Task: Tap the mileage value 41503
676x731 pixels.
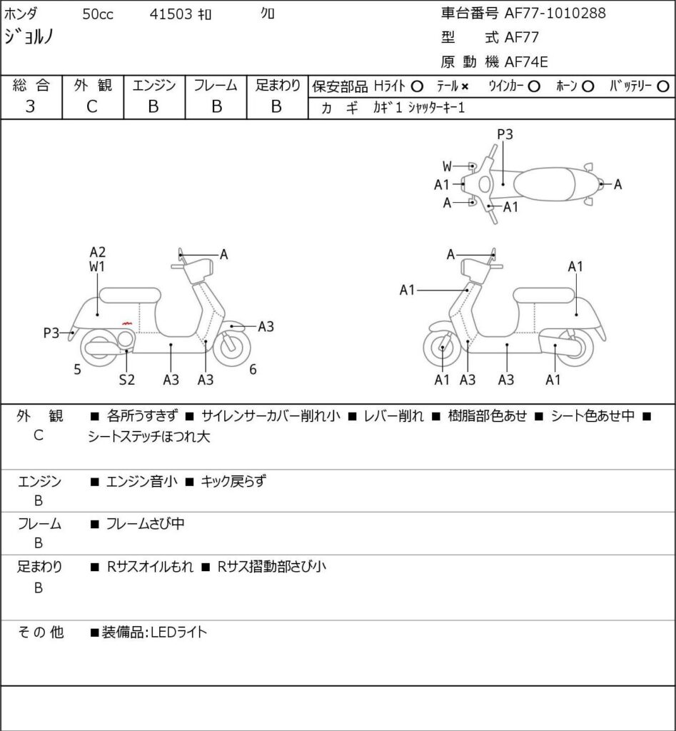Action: click(171, 14)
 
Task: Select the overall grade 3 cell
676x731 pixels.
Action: click(31, 106)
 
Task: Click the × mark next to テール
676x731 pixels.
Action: click(465, 87)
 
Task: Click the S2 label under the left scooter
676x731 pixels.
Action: click(126, 380)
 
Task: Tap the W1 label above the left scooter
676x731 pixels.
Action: click(98, 268)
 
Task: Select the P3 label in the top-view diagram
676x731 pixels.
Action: click(505, 133)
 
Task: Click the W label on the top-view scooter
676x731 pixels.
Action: click(447, 166)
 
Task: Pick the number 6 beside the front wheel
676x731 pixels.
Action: click(253, 369)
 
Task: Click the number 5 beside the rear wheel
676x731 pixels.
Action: click(77, 369)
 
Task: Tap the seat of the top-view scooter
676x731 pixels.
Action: click(544, 184)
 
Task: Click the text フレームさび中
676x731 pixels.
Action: click(145, 524)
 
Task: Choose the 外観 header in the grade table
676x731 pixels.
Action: click(94, 86)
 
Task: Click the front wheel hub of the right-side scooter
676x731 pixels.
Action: click(443, 349)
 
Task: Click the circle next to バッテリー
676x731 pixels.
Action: click(662, 87)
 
